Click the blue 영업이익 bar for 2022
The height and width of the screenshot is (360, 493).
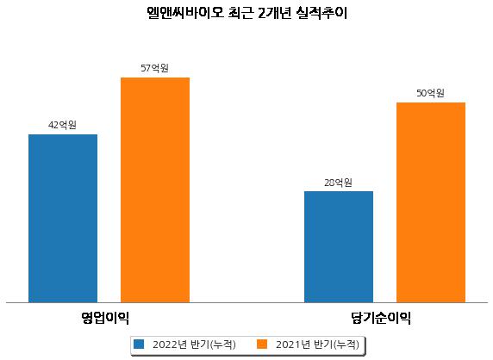pyautogui.click(x=63, y=218)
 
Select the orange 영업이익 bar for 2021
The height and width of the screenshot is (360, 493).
pyautogui.click(x=155, y=190)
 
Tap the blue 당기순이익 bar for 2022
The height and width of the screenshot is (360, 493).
pyautogui.click(x=339, y=247)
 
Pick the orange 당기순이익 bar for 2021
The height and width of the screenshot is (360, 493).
pyautogui.click(x=431, y=202)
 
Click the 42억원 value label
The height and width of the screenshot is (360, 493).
pyautogui.click(x=62, y=125)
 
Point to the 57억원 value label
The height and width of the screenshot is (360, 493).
pyautogui.click(x=154, y=68)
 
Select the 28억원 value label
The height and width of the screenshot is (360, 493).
pyautogui.click(x=339, y=183)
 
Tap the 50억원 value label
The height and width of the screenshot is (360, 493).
pyautogui.click(x=430, y=93)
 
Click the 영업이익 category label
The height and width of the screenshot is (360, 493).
pyautogui.click(x=105, y=318)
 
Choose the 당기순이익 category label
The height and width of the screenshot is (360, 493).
pyautogui.click(x=381, y=318)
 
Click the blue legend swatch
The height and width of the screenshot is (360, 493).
pyautogui.click(x=139, y=344)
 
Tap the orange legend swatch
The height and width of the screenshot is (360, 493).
pyautogui.click(x=262, y=344)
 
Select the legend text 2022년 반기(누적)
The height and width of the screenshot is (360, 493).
pyautogui.click(x=194, y=344)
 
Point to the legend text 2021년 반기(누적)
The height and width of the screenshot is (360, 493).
pyautogui.click(x=317, y=344)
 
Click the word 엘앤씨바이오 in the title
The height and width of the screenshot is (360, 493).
pyautogui.click(x=185, y=13)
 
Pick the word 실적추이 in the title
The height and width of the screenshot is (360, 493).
pyautogui.click(x=321, y=13)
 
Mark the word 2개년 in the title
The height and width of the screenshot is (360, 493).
pyautogui.click(x=274, y=13)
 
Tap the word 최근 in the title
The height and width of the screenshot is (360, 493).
pyautogui.click(x=240, y=13)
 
